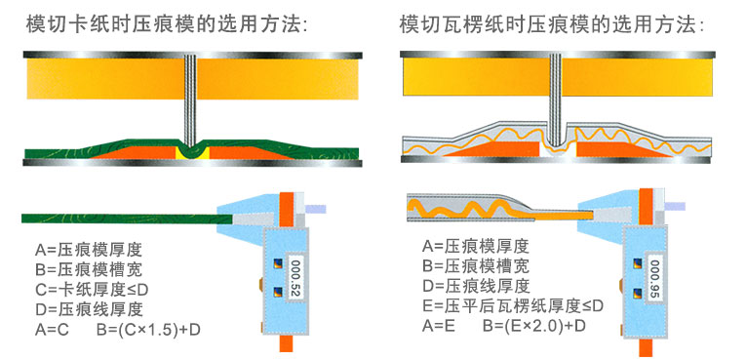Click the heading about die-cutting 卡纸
167,24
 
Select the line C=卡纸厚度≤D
90,290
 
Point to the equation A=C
55,329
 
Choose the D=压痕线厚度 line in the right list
476,285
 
